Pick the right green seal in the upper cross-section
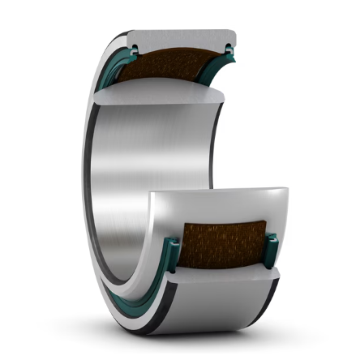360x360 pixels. [229, 54]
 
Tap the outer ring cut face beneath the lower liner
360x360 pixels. [219, 280]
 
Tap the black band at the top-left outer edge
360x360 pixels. [114, 41]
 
